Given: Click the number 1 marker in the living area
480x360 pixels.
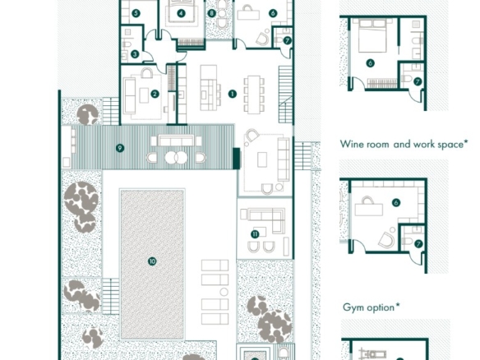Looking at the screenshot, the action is [x=233, y=94].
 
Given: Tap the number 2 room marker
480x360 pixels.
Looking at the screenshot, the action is [x=155, y=94].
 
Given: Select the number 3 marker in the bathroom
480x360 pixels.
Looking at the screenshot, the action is [x=135, y=54].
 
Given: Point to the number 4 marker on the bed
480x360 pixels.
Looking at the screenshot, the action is [x=182, y=13].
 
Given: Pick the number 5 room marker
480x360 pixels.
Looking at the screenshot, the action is [x=136, y=13].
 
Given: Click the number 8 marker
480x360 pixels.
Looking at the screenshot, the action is [x=211, y=13].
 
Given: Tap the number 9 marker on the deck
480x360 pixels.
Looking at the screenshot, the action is [x=120, y=148].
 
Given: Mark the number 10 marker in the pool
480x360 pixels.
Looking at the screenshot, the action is [x=152, y=261].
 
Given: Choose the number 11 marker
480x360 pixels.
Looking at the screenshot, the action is [x=255, y=234].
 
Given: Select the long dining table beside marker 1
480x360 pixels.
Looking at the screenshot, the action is [x=254, y=95].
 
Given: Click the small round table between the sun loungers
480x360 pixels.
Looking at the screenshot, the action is [x=224, y=292].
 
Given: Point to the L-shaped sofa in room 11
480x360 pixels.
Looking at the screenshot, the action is [x=267, y=219].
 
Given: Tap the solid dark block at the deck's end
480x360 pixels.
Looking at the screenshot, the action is [x=237, y=159].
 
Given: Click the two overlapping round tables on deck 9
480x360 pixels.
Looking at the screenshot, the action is [x=176, y=157].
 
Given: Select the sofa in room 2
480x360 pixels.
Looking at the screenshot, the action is [x=130, y=96].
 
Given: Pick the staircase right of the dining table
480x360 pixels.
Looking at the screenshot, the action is [x=285, y=95].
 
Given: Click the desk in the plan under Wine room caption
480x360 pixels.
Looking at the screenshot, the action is [x=368, y=210].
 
